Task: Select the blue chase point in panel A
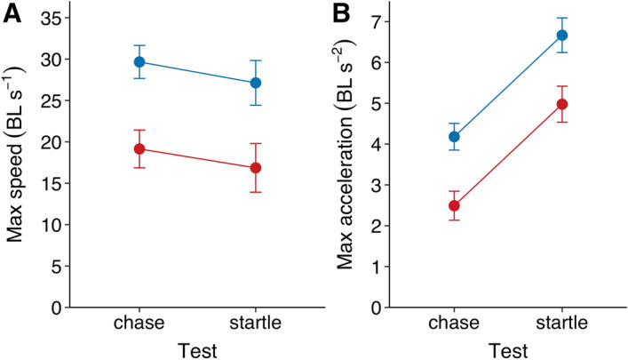139,62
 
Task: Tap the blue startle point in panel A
256,83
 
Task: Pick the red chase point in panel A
139,148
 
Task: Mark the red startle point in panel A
256,167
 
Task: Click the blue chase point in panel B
455,136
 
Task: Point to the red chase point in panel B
455,205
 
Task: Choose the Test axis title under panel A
197,348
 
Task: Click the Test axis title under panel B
508,348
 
